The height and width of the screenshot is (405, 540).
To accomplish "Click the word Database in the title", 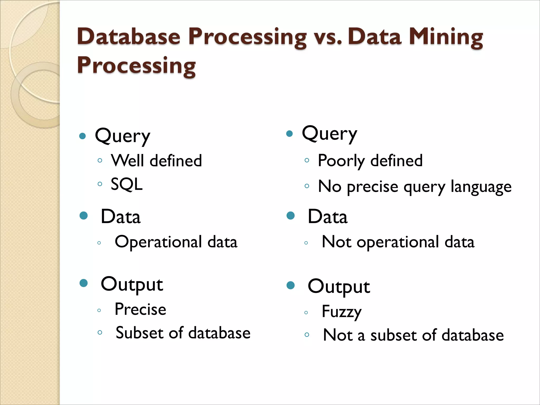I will (129, 37).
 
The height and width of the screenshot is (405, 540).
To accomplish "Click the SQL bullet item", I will (127, 184).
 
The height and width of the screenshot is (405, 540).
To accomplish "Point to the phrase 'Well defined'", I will (156, 161).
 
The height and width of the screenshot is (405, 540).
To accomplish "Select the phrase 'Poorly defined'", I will (370, 161).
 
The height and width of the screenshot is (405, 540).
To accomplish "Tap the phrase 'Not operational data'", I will (398, 242).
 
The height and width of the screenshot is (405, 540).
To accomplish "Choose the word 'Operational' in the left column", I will (158, 242).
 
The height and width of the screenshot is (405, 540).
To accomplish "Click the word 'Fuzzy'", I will (341, 312).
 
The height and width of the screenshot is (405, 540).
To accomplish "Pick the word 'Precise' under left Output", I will (140, 309).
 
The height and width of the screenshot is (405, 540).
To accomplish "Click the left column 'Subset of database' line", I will (183, 333).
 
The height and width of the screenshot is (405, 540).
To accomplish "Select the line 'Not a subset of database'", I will (413, 335).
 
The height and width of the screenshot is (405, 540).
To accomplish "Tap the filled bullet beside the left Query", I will (83, 136).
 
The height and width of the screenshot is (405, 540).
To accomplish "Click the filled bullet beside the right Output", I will (290, 285).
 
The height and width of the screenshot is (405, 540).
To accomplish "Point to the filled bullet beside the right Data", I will (290, 216).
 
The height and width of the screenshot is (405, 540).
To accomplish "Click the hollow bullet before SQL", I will (100, 184).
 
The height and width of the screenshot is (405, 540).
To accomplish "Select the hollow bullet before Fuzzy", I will (306, 313).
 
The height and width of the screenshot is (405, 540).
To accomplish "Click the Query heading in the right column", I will (329, 134).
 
